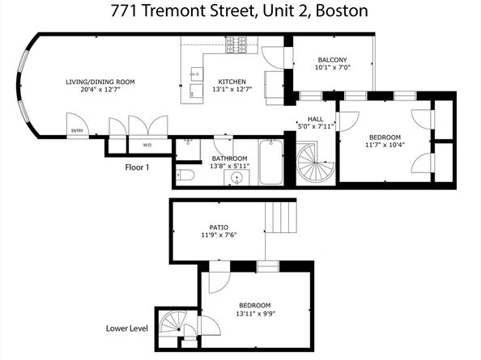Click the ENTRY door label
coord(77,131)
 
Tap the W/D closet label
coord(147,146)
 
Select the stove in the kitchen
coord(236,44)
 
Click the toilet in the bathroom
coord(185,176)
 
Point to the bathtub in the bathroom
coord(271,162)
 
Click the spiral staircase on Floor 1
coord(315,163)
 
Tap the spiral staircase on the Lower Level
coord(174,321)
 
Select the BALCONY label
coord(333,60)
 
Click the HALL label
coord(315,119)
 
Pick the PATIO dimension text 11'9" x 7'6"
coord(219,235)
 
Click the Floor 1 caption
coord(137,167)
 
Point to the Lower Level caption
coord(127,328)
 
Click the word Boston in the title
coord(342,11)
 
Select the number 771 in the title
coord(124,11)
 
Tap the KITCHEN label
coord(232,82)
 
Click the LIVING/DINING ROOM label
coord(100,82)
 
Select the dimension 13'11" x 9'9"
coord(255,314)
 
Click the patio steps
coord(281,217)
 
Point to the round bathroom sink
coord(236,178)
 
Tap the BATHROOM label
coord(229,159)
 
